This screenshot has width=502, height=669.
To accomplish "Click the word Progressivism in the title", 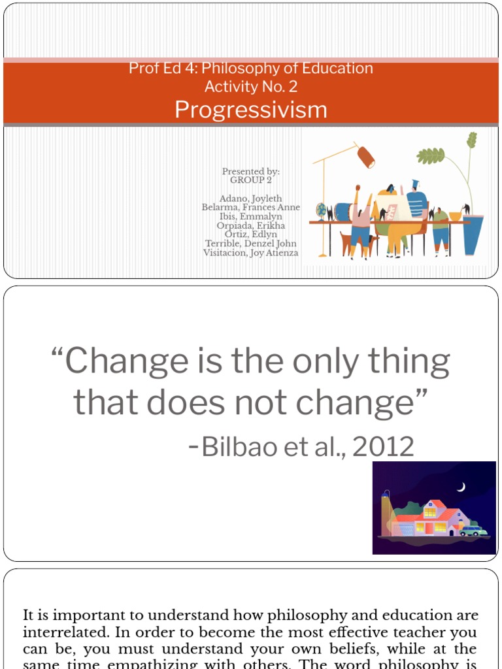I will [x=251, y=110].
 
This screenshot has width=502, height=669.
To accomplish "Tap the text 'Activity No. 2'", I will [x=251, y=86].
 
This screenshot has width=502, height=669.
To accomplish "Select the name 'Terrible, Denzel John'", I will [x=251, y=244].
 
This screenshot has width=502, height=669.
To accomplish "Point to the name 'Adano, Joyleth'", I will [x=251, y=199].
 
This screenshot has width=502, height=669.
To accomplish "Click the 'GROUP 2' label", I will [x=251, y=180].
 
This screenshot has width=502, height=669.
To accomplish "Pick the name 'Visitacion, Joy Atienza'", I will [x=251, y=253].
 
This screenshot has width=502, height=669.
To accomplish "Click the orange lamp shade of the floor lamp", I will [x=366, y=157].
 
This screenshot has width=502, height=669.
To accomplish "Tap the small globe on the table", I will [x=321, y=210].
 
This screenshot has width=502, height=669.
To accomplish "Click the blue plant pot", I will [x=473, y=235].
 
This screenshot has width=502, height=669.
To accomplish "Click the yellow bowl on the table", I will [x=455, y=216].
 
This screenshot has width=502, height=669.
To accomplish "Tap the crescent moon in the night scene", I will [x=461, y=487].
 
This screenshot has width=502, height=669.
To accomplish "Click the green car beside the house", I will [x=473, y=530].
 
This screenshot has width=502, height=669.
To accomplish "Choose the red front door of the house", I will [x=429, y=527].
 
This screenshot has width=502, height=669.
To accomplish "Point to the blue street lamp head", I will [x=386, y=495].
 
